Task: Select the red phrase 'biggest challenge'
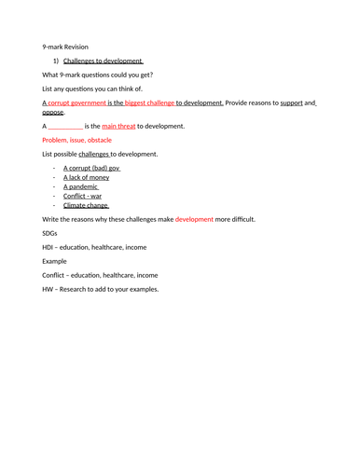click(149, 103)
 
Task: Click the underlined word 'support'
click(298, 103)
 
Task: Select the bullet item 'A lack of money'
click(86, 177)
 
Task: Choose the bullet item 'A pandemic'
click(81, 186)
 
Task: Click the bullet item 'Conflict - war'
click(83, 196)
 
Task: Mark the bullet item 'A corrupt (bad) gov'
click(91, 168)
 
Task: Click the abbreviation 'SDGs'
click(50, 233)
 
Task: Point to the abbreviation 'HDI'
click(48, 247)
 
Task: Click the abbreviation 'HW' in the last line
click(48, 289)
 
